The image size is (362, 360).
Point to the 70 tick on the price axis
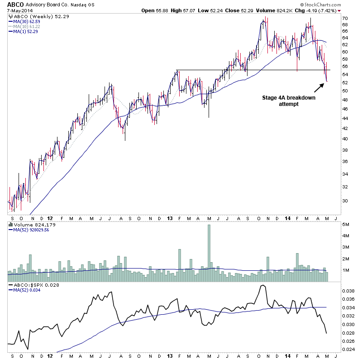[x=344, y=19]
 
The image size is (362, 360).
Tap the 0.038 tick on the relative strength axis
[x=348, y=291]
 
